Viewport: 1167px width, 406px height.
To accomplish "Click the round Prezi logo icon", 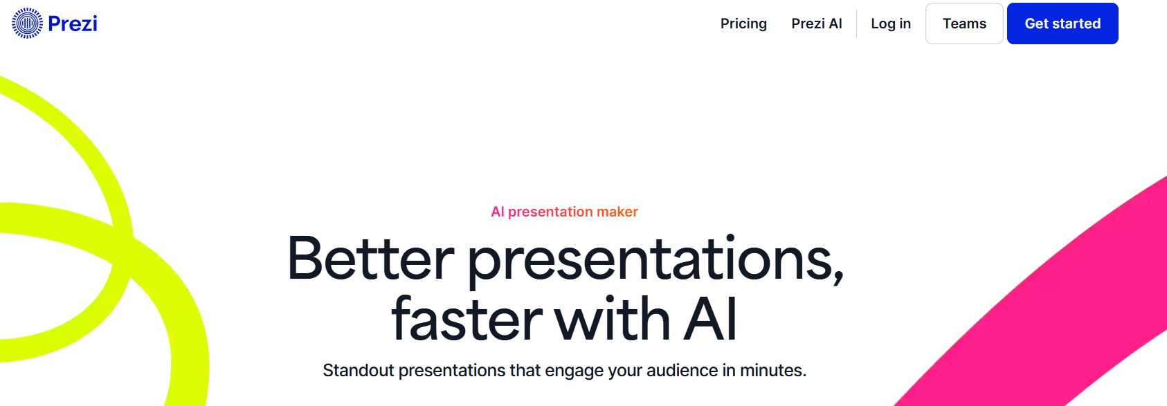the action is (27, 24).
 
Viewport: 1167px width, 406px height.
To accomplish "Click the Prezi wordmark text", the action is (73, 24).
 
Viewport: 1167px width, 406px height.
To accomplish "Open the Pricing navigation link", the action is (743, 24).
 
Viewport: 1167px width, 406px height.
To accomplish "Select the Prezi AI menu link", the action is (816, 24).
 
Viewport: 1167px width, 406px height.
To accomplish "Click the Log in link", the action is (891, 24).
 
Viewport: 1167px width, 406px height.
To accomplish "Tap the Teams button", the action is (964, 24).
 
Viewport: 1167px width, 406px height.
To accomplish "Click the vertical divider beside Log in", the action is (856, 24).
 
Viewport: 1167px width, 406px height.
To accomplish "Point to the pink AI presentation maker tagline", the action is (564, 212).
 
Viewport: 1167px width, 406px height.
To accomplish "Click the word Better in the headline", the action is (370, 259).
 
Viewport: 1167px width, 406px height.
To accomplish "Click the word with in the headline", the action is (612, 317).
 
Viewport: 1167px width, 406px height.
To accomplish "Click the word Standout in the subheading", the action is (359, 371).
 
